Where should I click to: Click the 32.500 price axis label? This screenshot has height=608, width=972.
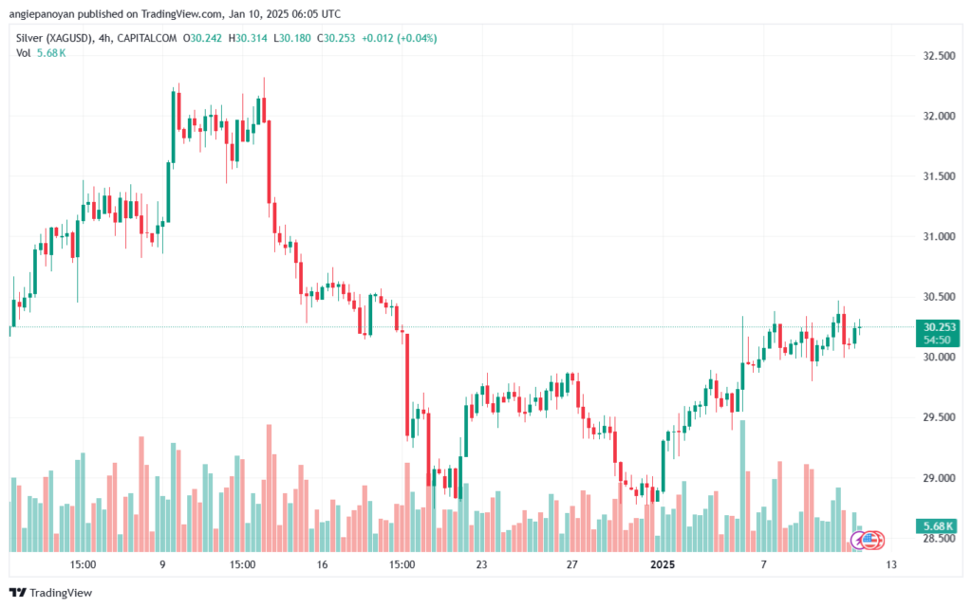click(939, 56)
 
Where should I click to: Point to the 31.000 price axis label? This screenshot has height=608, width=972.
click(939, 236)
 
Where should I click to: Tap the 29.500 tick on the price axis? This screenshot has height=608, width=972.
click(939, 417)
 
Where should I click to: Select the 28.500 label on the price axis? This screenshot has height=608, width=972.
click(939, 538)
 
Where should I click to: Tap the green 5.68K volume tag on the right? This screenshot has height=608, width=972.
click(937, 526)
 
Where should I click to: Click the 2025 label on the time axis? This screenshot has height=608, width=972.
click(662, 564)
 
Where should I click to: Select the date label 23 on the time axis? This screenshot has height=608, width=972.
click(481, 564)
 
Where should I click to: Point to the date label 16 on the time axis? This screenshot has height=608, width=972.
click(322, 564)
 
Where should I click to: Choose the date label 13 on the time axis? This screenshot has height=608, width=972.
click(890, 564)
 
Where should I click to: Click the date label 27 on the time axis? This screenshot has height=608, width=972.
click(571, 564)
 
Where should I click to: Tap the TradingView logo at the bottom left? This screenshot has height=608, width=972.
click(51, 593)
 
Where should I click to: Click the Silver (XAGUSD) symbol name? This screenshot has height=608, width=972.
click(55, 38)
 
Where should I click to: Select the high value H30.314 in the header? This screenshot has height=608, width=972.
click(248, 38)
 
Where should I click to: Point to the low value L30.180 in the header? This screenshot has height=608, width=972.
click(292, 38)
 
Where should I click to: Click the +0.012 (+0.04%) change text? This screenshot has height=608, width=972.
click(400, 38)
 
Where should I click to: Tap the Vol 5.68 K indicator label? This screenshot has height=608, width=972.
click(41, 53)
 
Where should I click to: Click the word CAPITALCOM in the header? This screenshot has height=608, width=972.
click(147, 38)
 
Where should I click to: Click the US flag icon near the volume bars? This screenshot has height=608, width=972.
click(871, 541)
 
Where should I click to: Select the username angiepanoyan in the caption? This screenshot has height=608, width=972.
click(40, 14)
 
